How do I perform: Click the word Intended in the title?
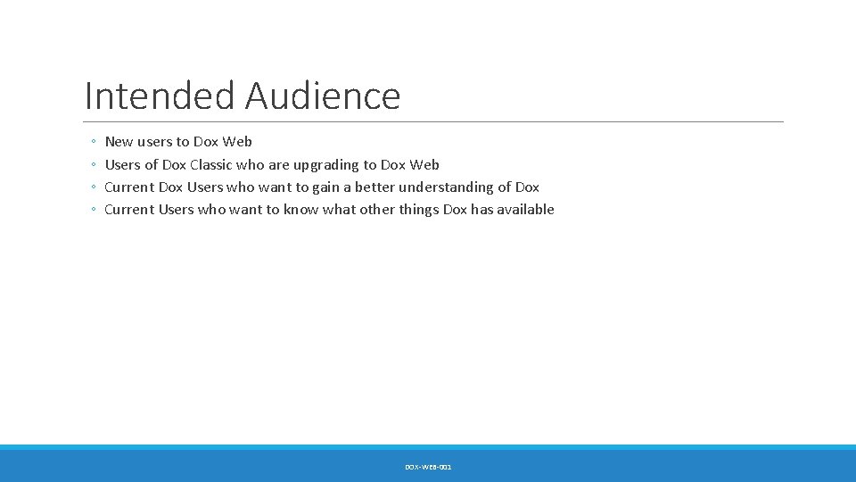(x=160, y=96)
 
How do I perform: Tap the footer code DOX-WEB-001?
(x=428, y=467)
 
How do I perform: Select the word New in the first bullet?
(x=119, y=142)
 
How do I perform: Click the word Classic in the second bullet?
(x=211, y=165)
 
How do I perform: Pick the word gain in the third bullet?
(x=326, y=187)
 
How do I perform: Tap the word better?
(x=374, y=187)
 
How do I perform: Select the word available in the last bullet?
(x=525, y=210)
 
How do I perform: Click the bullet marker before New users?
(x=94, y=142)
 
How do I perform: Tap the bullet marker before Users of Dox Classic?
(x=94, y=165)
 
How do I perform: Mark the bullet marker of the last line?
(x=94, y=210)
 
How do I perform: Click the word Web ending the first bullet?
(x=237, y=142)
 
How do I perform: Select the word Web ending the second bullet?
(x=424, y=165)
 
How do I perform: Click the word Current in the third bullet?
(x=129, y=187)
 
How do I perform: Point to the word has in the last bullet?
(x=482, y=210)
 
